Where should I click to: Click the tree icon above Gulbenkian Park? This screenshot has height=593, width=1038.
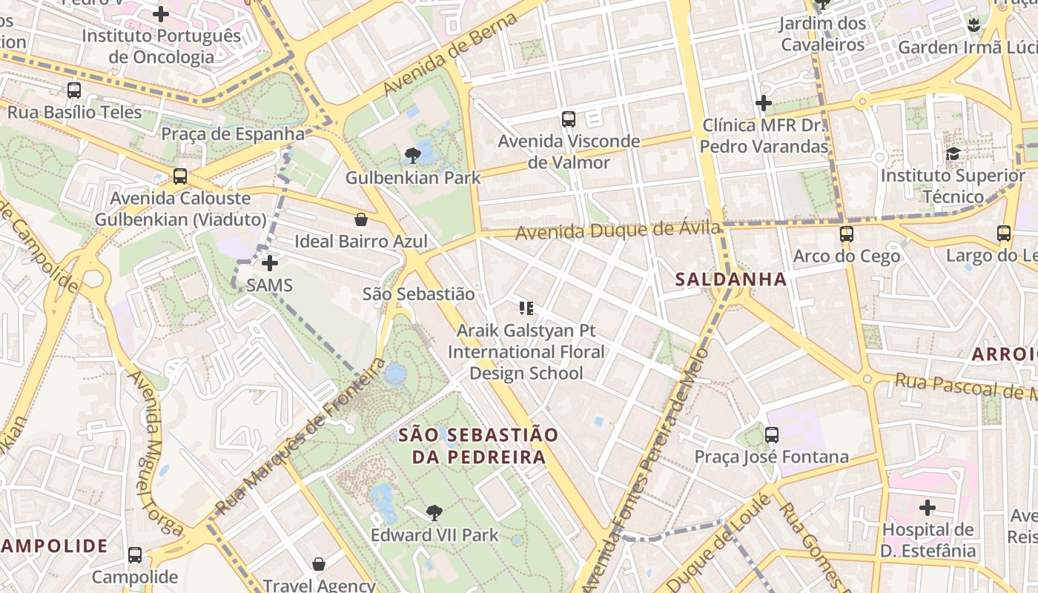413,156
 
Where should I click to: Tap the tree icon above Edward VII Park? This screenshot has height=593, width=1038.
434,512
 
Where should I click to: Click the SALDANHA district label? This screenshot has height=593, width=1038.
731,279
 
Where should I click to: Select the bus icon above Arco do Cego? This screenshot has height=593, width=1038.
846,234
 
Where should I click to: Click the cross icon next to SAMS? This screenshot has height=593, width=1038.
270,263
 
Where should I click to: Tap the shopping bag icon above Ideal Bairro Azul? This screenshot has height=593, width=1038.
361,219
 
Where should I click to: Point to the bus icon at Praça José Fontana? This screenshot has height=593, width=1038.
772,434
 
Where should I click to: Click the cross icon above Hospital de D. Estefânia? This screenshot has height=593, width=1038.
927,508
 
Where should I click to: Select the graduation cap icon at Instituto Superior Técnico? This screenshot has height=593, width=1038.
953,153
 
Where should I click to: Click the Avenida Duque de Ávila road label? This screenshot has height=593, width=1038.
618,231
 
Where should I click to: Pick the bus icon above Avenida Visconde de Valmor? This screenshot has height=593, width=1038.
569,119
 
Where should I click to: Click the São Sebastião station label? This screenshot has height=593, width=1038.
418,294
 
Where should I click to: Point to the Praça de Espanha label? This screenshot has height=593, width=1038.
233,134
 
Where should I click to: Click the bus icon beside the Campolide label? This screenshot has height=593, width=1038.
135,554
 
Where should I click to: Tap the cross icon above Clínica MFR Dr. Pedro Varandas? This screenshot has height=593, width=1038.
764,103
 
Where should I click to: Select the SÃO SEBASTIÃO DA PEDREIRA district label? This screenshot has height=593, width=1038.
478,445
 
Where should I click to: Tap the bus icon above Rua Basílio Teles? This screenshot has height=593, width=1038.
74,90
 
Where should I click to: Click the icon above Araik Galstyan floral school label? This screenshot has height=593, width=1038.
526,308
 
